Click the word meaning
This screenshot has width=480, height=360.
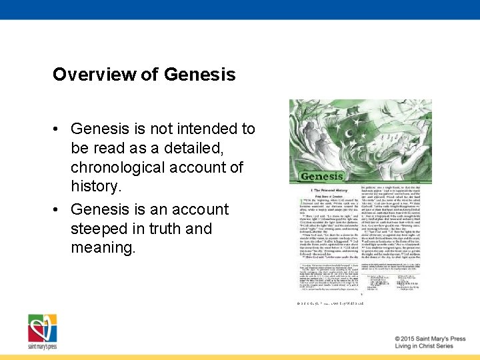(x=103, y=248)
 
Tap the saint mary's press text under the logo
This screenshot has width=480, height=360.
(x=41, y=347)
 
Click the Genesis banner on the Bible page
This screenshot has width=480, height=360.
(x=322, y=177)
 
